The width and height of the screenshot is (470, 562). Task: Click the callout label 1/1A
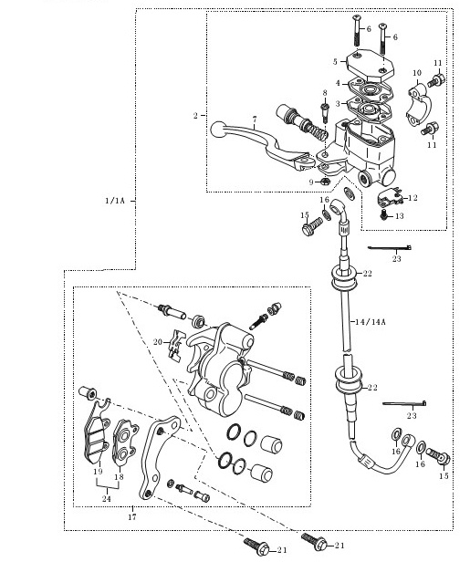(115, 201)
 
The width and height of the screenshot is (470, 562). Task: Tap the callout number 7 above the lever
(255, 119)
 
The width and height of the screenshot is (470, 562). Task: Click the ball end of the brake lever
(218, 130)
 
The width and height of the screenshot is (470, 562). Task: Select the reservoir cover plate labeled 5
(370, 67)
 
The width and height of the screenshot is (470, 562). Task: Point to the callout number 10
(417, 73)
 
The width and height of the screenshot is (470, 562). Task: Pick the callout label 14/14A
(371, 322)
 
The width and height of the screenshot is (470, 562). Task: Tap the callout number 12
(413, 198)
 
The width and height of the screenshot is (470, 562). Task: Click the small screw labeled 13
(384, 215)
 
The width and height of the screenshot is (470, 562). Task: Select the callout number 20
(158, 342)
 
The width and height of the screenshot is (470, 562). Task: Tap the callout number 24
(107, 498)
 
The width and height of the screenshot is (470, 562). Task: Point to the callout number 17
(132, 516)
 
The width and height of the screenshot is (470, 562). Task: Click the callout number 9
(311, 182)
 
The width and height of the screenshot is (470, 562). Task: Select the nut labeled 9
(325, 181)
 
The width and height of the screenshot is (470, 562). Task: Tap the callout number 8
(325, 93)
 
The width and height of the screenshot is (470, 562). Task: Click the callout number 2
(195, 115)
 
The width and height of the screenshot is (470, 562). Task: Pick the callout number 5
(335, 62)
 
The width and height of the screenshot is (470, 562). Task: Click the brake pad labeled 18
(125, 442)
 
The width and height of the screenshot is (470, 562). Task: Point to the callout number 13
(400, 215)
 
